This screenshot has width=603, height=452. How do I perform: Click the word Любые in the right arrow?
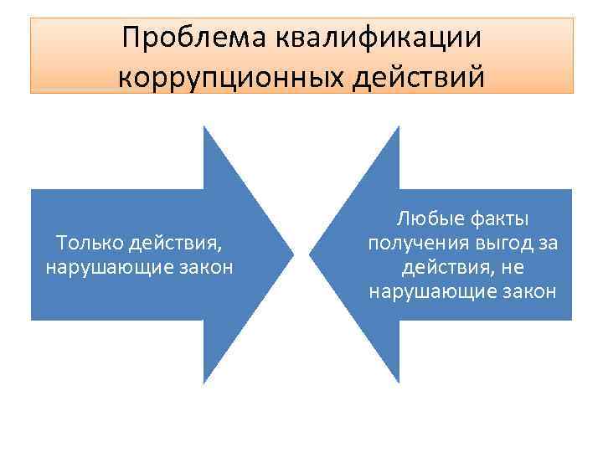425,219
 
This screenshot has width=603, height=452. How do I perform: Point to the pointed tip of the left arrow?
294,254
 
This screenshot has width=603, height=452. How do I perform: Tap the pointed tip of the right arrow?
310,254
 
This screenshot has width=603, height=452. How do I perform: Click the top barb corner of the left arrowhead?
204,126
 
